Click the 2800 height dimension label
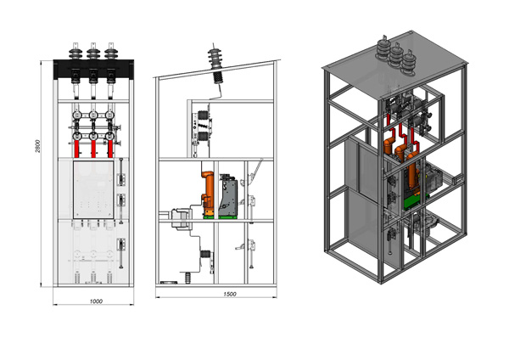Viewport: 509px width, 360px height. coord(37,146)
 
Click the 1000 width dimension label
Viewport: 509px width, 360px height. coord(96,301)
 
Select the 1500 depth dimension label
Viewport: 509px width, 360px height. coord(230,294)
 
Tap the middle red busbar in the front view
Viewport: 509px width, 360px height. coord(93,149)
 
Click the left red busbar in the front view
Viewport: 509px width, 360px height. coord(76,149)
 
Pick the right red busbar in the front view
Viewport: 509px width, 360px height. coord(110,149)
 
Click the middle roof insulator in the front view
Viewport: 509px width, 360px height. coord(93,51)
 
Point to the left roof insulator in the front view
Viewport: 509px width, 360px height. coord(76,51)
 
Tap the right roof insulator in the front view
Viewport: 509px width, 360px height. coord(111,51)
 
